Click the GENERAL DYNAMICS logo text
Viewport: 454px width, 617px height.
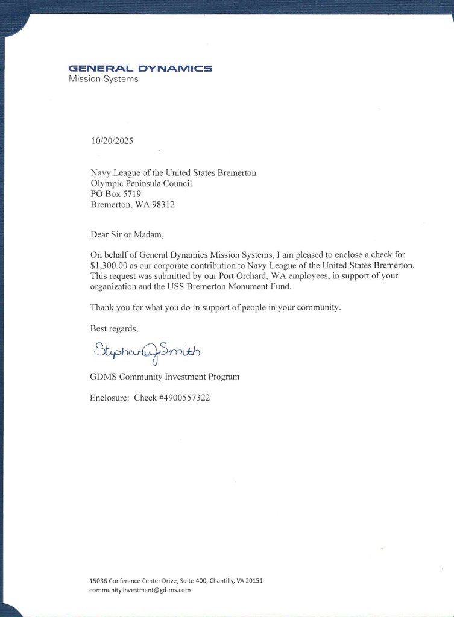[140, 68]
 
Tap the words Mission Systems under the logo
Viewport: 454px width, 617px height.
[103, 79]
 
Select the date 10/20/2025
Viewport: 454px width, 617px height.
[112, 142]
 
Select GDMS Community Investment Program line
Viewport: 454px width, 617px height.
[165, 377]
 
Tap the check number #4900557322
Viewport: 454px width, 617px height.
[184, 398]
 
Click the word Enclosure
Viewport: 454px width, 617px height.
[109, 398]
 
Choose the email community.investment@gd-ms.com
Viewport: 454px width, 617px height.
[140, 590]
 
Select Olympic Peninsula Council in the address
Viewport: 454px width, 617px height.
[141, 184]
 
